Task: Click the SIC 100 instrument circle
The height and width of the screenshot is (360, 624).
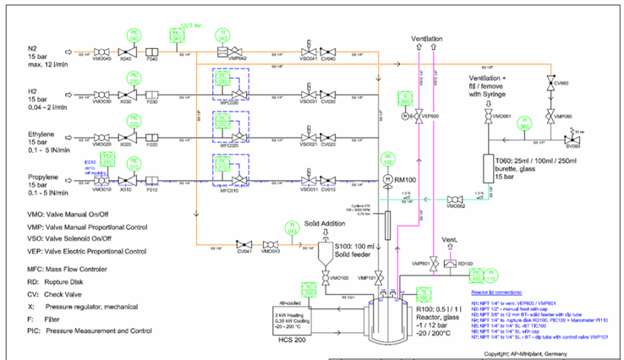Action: point(390,158)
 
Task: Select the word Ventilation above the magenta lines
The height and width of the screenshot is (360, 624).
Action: point(426,40)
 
